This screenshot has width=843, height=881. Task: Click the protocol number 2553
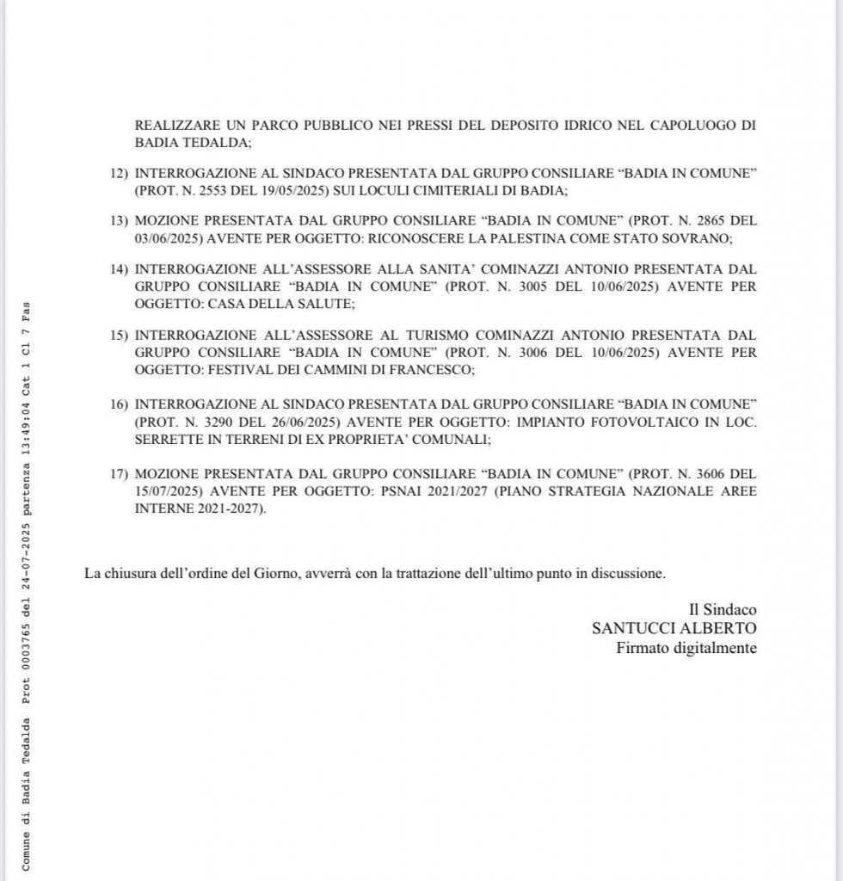tap(224, 191)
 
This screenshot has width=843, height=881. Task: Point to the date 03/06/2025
tap(167, 237)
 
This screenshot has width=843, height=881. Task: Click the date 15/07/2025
tap(167, 491)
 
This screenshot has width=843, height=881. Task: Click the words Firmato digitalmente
tap(686, 647)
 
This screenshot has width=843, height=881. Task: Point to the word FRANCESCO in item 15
tap(430, 369)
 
